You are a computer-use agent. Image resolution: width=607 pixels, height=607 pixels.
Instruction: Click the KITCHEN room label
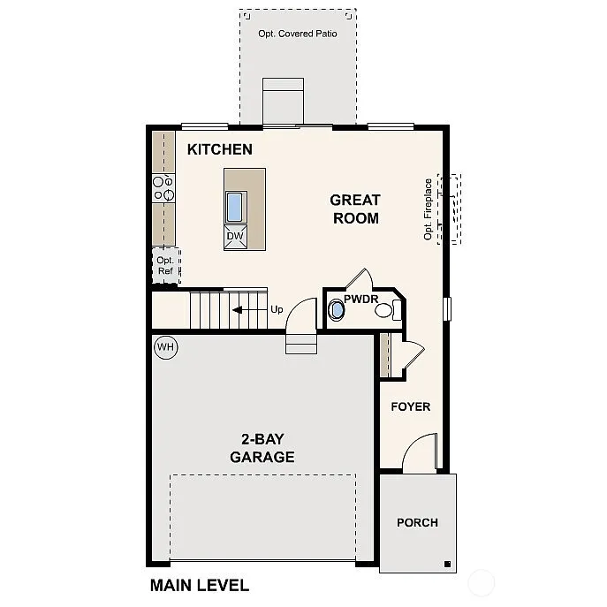click(220, 150)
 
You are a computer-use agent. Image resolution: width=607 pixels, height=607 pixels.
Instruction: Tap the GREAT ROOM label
click(355, 209)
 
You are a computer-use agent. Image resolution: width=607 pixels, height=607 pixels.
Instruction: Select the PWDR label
click(360, 299)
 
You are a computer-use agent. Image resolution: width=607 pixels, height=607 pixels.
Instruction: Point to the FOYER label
click(411, 406)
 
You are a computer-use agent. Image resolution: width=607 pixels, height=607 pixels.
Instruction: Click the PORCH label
click(417, 522)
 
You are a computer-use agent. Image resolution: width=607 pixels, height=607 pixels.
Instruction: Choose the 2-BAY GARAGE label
click(262, 448)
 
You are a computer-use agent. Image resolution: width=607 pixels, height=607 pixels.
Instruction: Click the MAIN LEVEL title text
click(200, 585)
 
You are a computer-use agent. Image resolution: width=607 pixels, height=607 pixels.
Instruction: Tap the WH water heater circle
click(165, 347)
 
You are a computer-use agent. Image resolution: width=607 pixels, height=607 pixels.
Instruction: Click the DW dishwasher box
click(235, 237)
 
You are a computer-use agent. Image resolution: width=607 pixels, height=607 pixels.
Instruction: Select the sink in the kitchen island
click(235, 207)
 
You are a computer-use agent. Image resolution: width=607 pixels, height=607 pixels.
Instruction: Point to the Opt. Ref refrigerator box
click(165, 266)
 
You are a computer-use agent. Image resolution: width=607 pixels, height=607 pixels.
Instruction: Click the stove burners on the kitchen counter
click(163, 187)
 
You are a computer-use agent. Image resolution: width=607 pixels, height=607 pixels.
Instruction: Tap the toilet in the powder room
click(337, 310)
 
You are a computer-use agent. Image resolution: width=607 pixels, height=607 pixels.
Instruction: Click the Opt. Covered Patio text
click(298, 34)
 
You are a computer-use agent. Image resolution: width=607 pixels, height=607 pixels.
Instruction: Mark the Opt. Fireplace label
click(429, 209)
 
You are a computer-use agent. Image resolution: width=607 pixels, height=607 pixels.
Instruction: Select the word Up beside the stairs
click(277, 310)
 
